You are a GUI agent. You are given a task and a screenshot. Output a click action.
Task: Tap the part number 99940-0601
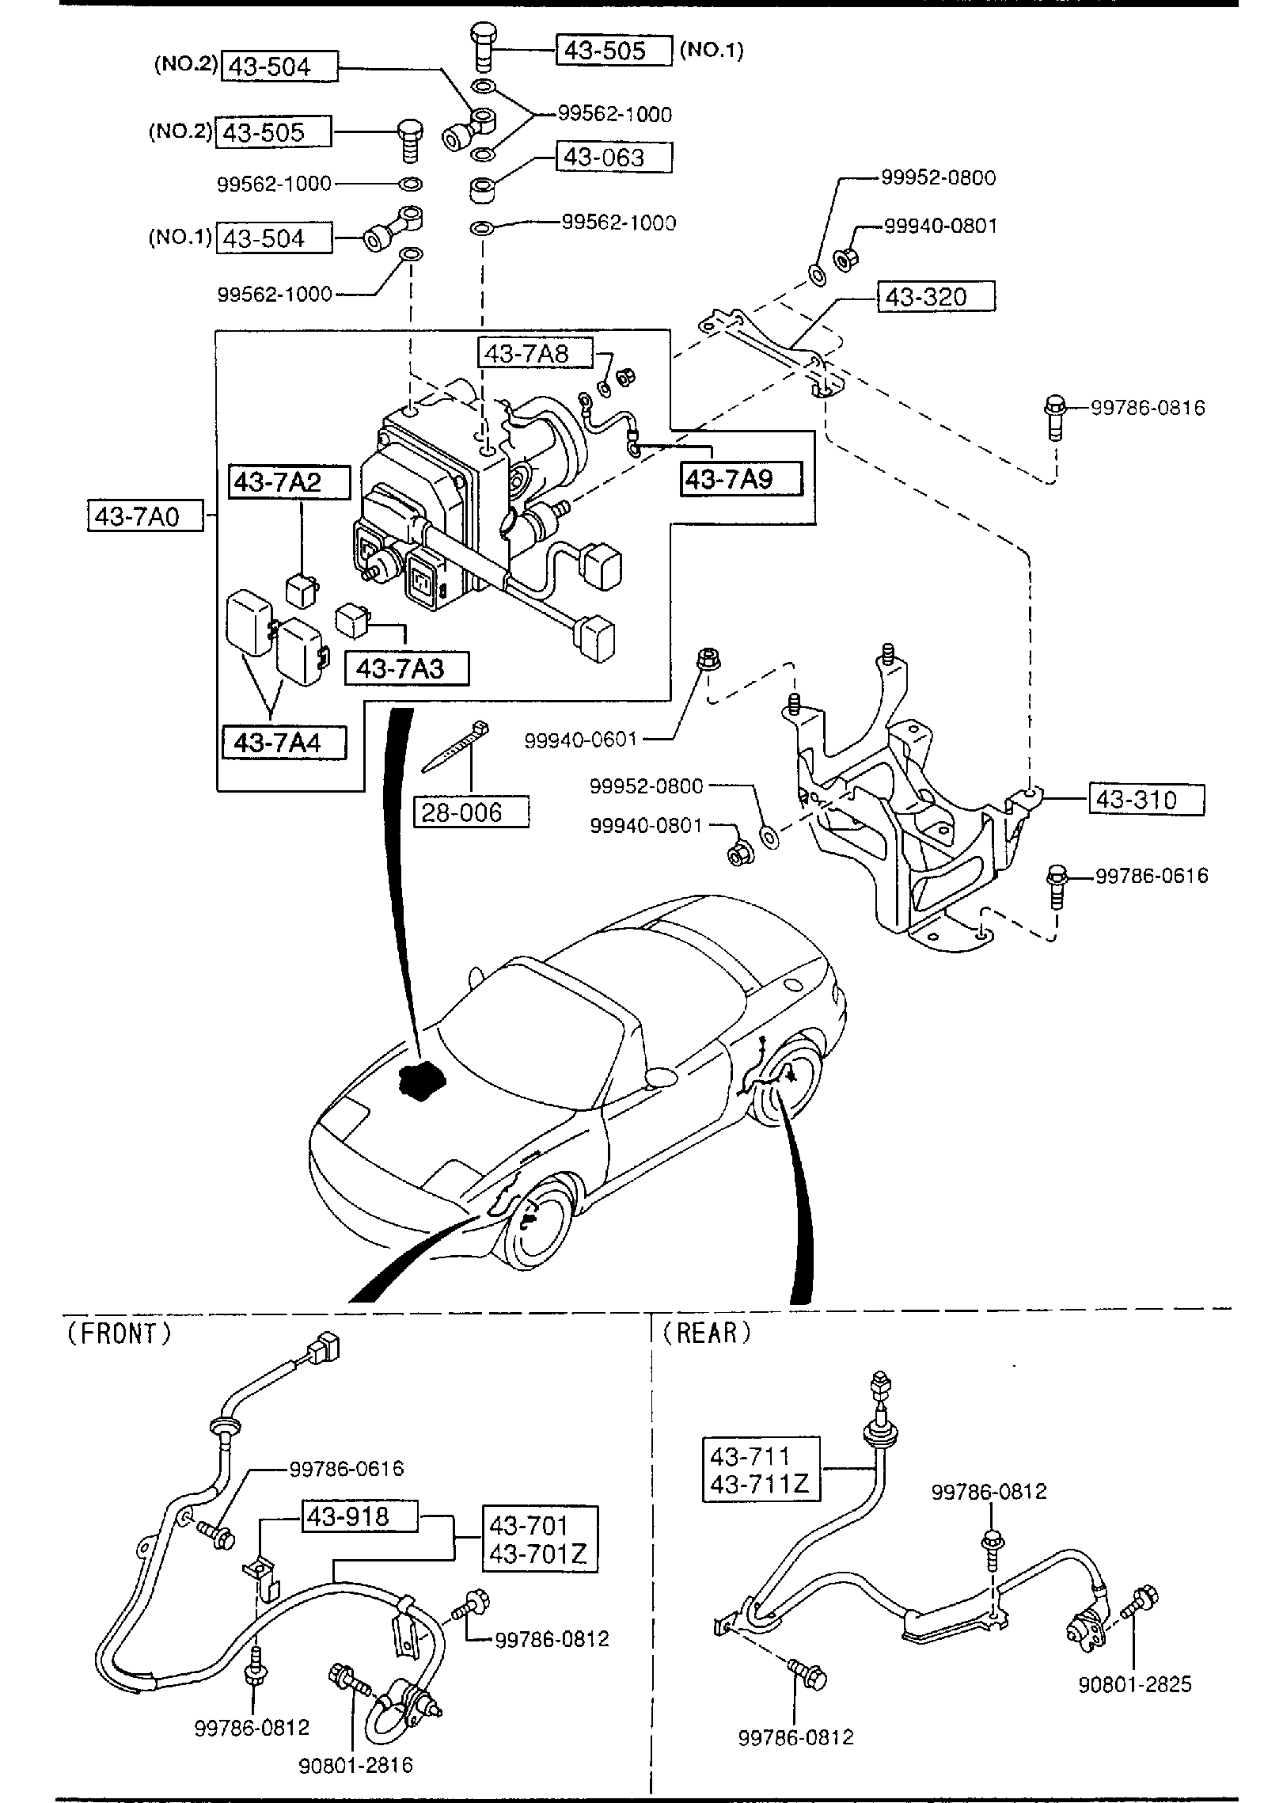[581, 740]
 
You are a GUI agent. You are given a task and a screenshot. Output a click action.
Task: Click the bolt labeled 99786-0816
[1053, 415]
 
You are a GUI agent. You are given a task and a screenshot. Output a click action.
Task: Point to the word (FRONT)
[118, 1334]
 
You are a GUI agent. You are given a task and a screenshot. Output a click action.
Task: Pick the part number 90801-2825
[1134, 1706]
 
